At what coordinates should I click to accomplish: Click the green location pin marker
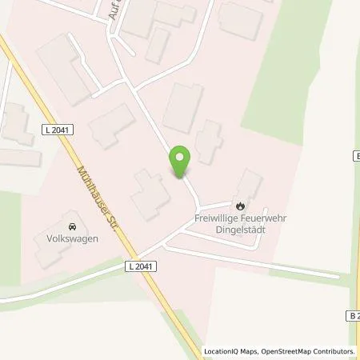pyautogui.click(x=180, y=162)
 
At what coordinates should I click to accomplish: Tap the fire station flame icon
pyautogui.click(x=237, y=204)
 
